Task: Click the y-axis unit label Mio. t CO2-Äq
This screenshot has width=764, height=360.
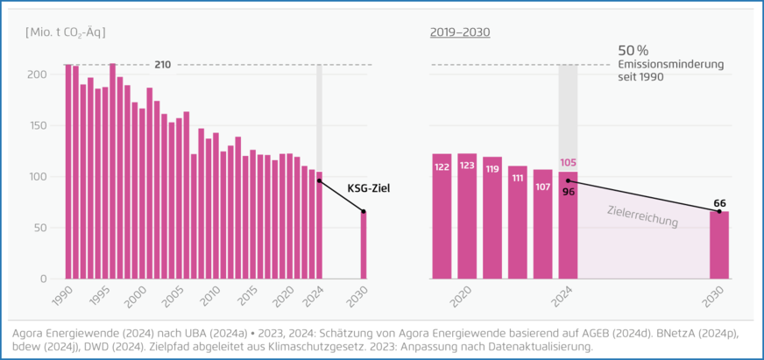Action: (66, 32)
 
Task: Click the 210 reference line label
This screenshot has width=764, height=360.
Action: (162, 65)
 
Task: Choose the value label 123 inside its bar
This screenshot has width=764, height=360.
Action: (467, 166)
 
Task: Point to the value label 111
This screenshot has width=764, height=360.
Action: (518, 178)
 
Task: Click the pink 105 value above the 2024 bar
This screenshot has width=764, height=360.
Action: (568, 163)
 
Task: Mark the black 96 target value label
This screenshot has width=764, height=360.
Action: (568, 191)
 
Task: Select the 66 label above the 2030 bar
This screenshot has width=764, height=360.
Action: (718, 202)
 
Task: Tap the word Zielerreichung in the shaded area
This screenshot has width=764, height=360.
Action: (642, 215)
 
